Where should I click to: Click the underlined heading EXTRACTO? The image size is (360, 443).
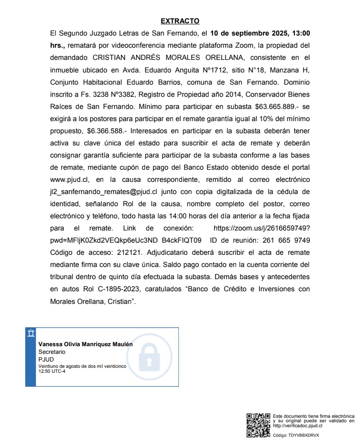pyautogui.click(x=180, y=21)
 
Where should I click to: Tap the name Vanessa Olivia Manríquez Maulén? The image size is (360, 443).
pyautogui.click(x=85, y=344)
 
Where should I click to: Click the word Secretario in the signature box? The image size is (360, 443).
pyautogui.click(x=52, y=351)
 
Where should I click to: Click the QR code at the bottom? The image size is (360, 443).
pyautogui.click(x=258, y=425)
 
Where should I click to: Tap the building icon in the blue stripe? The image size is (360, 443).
pyautogui.click(x=31, y=333)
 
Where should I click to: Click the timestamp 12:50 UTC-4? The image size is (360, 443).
pyautogui.click(x=52, y=371)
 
